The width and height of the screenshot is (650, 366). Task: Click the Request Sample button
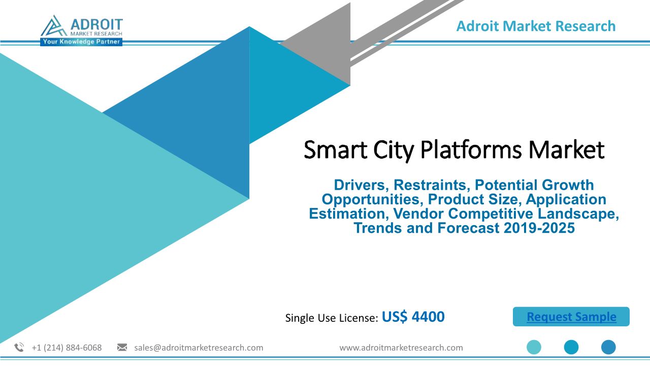[571, 317]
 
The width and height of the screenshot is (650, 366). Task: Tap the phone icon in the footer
[19, 347]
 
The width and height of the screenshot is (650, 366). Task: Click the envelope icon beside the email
[122, 347]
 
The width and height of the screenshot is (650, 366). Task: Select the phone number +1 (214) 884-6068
[67, 348]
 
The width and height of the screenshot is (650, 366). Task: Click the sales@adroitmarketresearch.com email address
[199, 348]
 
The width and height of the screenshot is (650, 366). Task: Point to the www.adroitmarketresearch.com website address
[401, 348]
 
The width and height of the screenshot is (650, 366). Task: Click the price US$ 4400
[413, 317]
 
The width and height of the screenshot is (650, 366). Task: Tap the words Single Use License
[332, 318]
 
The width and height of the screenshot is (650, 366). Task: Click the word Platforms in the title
[471, 150]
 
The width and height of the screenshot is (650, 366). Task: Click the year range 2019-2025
[539, 228]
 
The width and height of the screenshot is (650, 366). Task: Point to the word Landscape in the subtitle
[578, 213]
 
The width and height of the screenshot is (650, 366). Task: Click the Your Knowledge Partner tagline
[81, 42]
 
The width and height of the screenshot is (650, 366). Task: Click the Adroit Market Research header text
[536, 26]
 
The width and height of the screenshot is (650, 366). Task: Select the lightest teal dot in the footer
[534, 347]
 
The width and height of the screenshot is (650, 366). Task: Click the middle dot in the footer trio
[571, 347]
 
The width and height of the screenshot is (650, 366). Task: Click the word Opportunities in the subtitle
[371, 200]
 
